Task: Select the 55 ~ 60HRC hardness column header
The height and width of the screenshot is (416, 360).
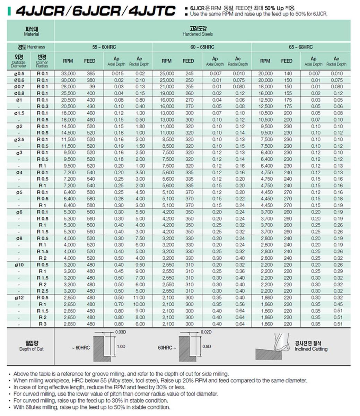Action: coord(104,47)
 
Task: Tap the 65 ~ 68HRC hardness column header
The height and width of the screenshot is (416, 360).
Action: coord(301,47)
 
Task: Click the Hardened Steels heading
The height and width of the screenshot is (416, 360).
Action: coord(197,31)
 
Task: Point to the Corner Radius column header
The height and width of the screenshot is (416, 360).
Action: coord(42,61)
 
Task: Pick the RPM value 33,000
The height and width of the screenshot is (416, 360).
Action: coord(68,73)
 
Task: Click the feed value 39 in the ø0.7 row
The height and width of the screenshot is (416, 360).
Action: coord(92,87)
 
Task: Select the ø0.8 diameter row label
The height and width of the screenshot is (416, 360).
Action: coord(19,93)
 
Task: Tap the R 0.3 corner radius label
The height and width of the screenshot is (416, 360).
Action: coord(43,106)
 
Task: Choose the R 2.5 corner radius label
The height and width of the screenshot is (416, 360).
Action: coord(43,291)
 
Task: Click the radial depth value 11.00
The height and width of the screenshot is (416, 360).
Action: coord(139,297)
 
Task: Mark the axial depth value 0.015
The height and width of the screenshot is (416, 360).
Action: coord(117,73)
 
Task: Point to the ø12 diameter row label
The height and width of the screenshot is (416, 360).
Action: coord(19,297)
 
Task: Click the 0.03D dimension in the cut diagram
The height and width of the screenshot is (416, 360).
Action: coord(121,332)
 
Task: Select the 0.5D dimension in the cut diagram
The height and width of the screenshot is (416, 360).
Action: coord(207,347)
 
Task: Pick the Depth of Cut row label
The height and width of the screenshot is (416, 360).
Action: coord(31,346)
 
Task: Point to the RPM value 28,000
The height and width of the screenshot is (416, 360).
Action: coord(68,87)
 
